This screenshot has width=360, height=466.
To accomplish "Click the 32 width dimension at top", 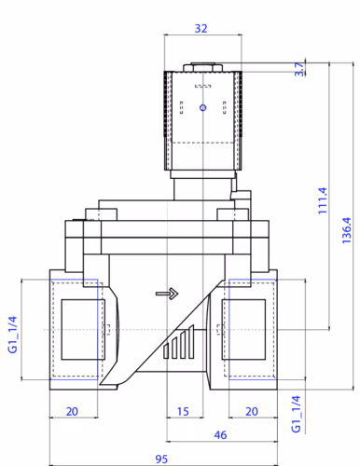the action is pyautogui.click(x=201, y=29).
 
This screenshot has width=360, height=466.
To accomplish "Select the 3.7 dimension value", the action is pyautogui.click(x=299, y=69).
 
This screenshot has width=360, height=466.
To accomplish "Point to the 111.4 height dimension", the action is pyautogui.click(x=323, y=200).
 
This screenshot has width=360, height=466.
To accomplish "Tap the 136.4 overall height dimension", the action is pyautogui.click(x=346, y=230).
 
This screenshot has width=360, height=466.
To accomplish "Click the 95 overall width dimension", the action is pyautogui.click(x=161, y=459).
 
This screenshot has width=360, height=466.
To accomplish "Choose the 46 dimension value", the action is pyautogui.click(x=220, y=435).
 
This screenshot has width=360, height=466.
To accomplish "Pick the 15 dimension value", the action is pyautogui.click(x=183, y=412).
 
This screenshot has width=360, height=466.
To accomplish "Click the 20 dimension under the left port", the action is pyautogui.click(x=72, y=412).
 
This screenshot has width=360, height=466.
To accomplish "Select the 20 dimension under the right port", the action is pyautogui.click(x=252, y=412).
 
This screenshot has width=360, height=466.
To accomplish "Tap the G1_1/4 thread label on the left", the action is pyautogui.click(x=12, y=335).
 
